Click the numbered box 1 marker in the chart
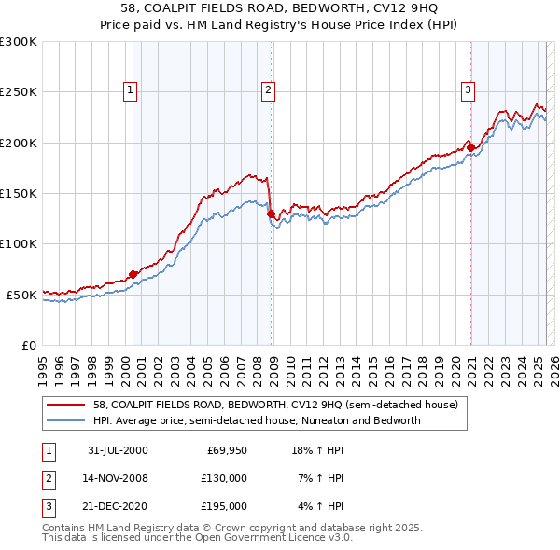pyautogui.click(x=129, y=90)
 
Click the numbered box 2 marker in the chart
pyautogui.click(x=268, y=90)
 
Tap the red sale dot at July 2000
pyautogui.click(x=133, y=274)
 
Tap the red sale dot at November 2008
pyautogui.click(x=271, y=214)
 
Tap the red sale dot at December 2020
pyautogui.click(x=471, y=147)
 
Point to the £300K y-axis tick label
pyautogui.click(x=19, y=42)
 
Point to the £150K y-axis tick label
pyautogui.click(x=19, y=193)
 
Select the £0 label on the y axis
pyautogui.click(x=28, y=345)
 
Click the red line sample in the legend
pyautogui.click(x=67, y=406)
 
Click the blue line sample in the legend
pyautogui.click(x=67, y=420)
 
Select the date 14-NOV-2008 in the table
pyautogui.click(x=117, y=478)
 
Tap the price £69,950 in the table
pyautogui.click(x=227, y=450)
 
